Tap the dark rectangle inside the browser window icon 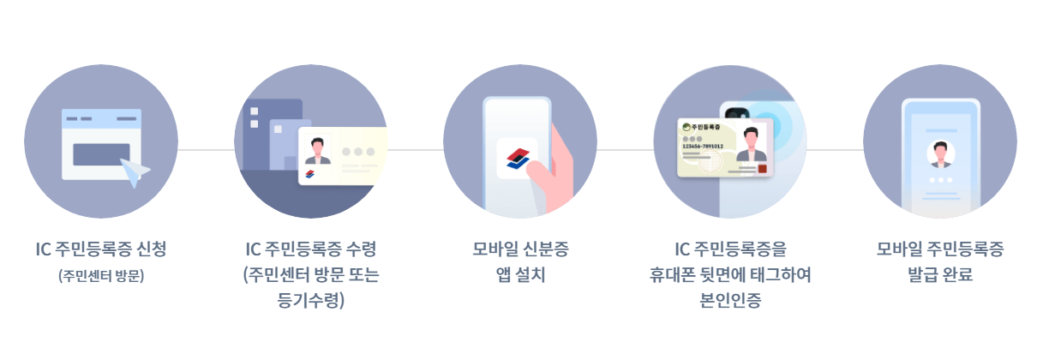click(x=101, y=154)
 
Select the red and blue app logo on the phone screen click(x=517, y=157)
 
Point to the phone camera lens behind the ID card click(x=734, y=114)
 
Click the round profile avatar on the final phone click(x=941, y=154)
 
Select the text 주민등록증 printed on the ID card click(x=705, y=128)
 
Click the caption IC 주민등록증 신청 click(x=101, y=249)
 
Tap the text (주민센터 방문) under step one click(x=101, y=276)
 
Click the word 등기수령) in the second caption click(x=311, y=300)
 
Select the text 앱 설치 click(x=520, y=275)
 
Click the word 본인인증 click(x=730, y=300)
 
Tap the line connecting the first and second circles click(x=206, y=149)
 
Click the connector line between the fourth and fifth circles click(x=835, y=149)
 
